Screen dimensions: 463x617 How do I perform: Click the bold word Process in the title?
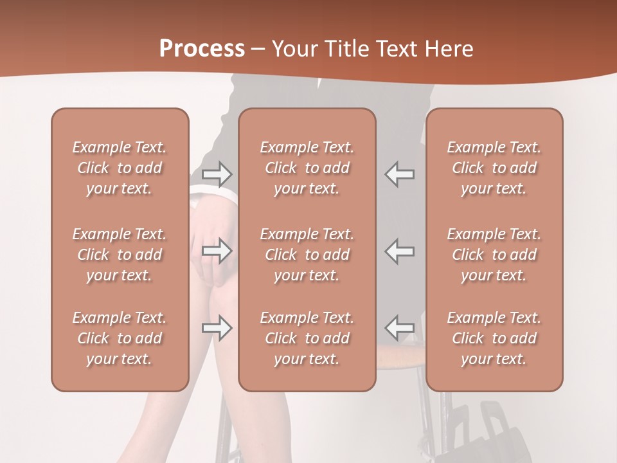pos(202,49)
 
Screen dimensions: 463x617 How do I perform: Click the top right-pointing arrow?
pos(217,174)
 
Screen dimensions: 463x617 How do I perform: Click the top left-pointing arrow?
pos(399,174)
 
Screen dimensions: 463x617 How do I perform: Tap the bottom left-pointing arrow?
pos(399,327)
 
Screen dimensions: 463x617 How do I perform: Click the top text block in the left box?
pos(120,168)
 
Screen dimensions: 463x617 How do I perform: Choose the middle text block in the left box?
pos(120,255)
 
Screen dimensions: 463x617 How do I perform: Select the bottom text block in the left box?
pos(120,338)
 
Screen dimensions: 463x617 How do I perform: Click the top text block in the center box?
pos(307,168)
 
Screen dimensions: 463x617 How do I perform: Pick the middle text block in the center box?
pos(307,255)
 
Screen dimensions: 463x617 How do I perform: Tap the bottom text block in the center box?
pos(307,338)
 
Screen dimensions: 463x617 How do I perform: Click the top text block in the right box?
pos(494,168)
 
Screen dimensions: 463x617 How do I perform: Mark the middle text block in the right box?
pos(494,255)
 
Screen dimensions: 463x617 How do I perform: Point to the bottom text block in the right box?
pos(494,338)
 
